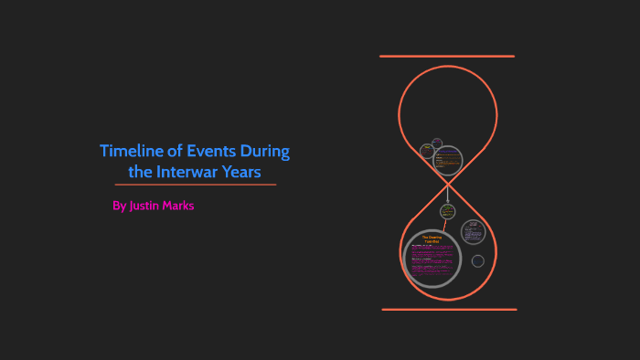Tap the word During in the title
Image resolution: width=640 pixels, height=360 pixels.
point(266,152)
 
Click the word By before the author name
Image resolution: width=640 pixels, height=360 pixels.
point(119,206)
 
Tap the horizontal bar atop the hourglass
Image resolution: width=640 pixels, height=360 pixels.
point(447,57)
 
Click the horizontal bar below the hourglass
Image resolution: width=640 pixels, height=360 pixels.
point(448,310)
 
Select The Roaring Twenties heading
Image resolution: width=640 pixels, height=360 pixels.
point(432,239)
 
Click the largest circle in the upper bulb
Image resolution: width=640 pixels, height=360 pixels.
point(448,161)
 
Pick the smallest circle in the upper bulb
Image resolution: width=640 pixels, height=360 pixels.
point(437,143)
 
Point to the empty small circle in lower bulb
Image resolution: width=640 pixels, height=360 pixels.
point(477,261)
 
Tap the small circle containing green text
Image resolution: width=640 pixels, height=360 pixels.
point(448,211)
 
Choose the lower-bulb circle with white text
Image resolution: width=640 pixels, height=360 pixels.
point(472,231)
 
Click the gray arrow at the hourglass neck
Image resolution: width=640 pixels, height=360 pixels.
point(448,193)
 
